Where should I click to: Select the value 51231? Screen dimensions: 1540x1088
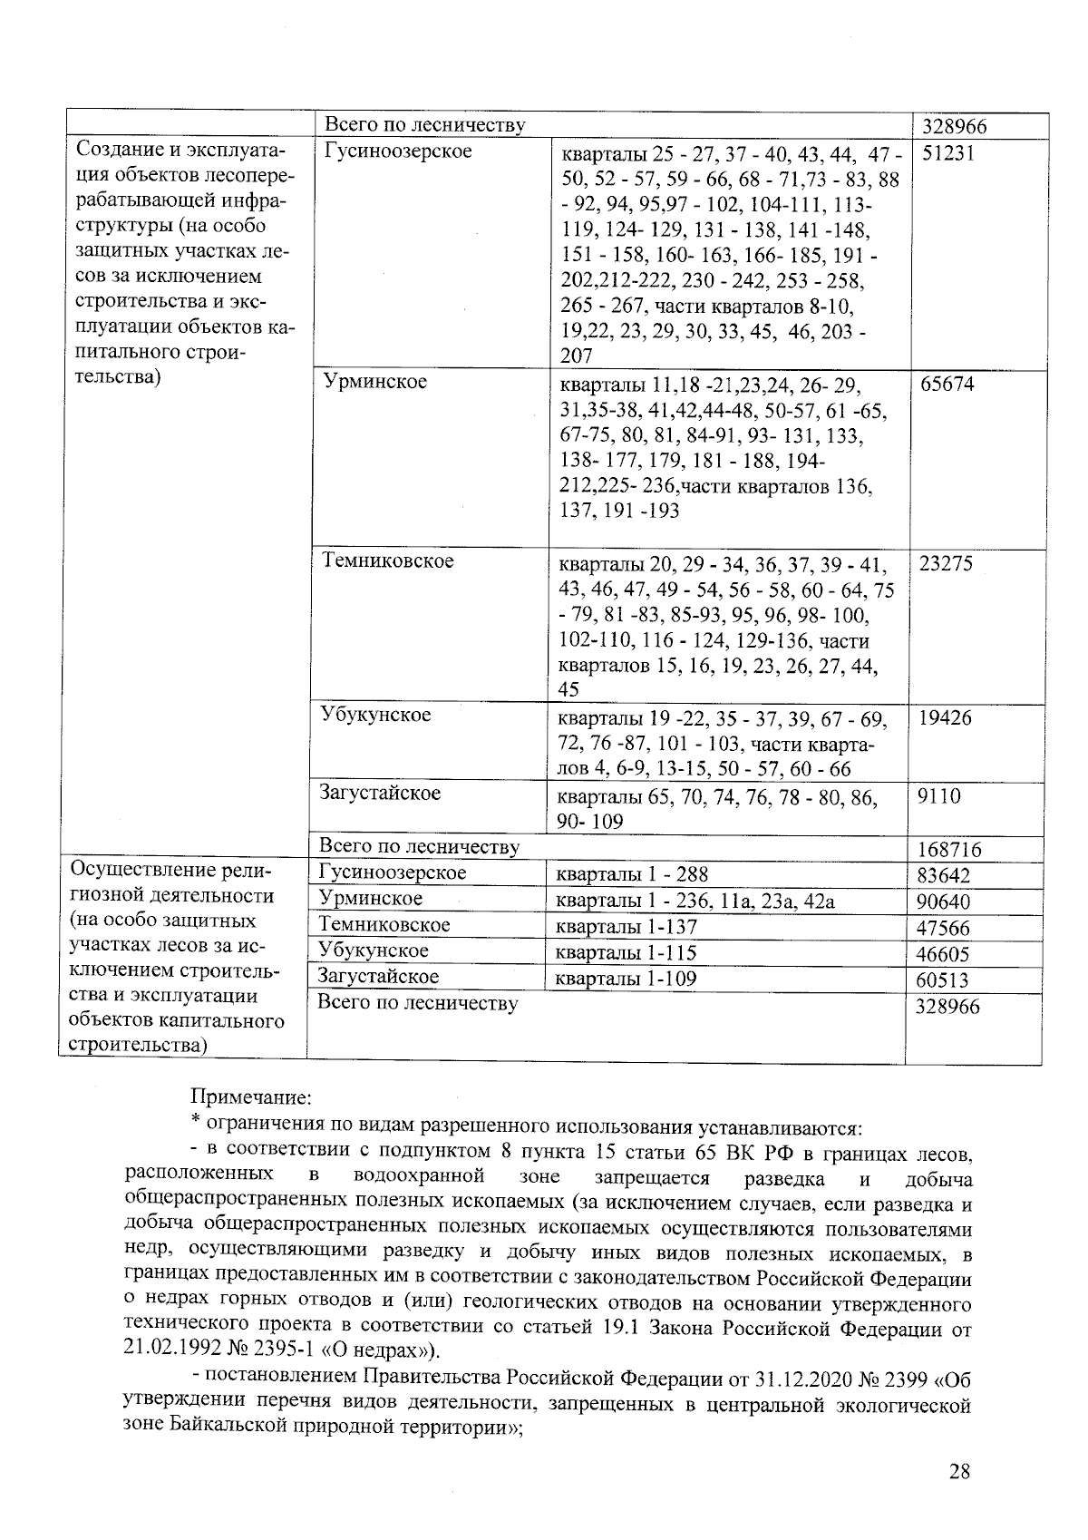click(x=947, y=153)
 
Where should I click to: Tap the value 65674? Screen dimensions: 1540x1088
click(x=947, y=384)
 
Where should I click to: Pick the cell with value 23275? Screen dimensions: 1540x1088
click(x=946, y=563)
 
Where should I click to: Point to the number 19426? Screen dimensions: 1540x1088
click(x=945, y=717)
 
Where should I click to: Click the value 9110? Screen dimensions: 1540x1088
click(x=938, y=796)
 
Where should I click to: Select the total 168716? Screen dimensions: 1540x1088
click(x=948, y=850)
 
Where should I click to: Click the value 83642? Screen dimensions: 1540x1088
click(x=944, y=876)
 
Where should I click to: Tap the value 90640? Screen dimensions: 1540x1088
click(x=944, y=902)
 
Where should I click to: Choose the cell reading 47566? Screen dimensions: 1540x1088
click(x=944, y=929)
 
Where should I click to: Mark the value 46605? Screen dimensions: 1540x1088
click(x=944, y=954)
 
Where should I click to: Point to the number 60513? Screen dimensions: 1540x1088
click(x=944, y=980)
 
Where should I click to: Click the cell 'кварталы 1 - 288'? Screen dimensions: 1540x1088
click(x=631, y=874)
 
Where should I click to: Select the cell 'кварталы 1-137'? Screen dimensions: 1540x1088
click(x=626, y=927)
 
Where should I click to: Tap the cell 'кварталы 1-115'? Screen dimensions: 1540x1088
click(x=626, y=953)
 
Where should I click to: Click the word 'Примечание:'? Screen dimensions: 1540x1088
click(x=251, y=1098)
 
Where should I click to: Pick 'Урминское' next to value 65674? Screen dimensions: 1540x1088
click(x=375, y=382)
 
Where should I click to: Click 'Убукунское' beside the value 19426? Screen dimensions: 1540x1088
click(x=375, y=715)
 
